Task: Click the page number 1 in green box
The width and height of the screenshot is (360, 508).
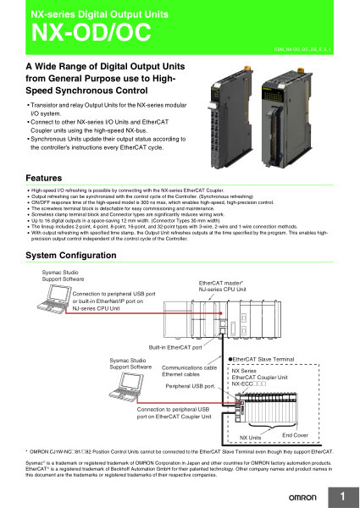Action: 344,494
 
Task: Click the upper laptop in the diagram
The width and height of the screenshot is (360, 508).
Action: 57,295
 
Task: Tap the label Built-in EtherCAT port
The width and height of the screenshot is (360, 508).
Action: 175,348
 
